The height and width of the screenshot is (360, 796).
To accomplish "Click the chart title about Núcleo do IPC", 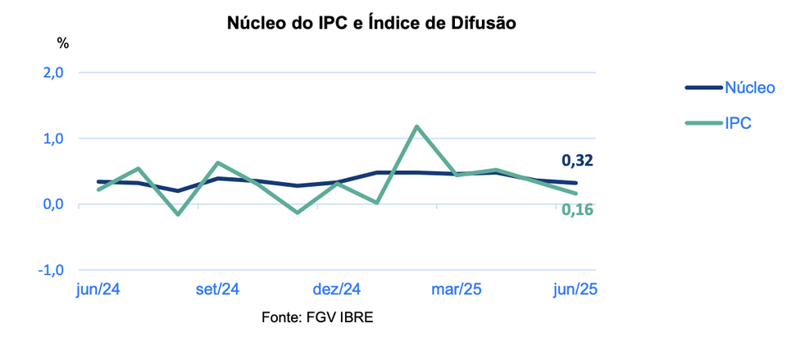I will click(x=371, y=24).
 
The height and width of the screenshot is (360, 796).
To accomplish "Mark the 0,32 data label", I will click(x=577, y=161).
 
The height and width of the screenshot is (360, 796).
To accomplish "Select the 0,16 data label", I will click(x=577, y=210).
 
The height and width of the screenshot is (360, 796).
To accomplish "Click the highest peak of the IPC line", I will click(x=417, y=126).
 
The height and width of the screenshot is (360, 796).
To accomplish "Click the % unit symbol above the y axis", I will click(x=63, y=42).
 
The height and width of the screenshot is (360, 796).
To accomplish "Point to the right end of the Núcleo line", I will click(x=576, y=183).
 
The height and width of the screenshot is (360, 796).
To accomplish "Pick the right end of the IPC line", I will click(x=576, y=194).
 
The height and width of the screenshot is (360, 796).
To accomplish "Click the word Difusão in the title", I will click(x=483, y=24).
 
